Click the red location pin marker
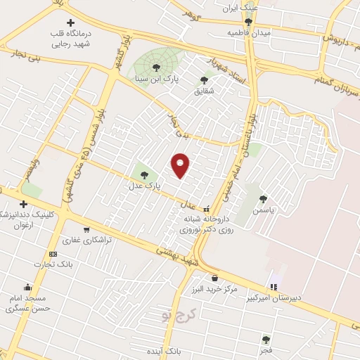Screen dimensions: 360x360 click(181, 165)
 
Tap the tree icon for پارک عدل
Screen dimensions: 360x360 click(144, 175)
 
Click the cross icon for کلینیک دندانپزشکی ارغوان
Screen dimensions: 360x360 click(23, 204)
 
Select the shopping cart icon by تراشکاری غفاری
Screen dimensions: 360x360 click(86, 229)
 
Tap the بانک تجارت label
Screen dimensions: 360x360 click(53, 264)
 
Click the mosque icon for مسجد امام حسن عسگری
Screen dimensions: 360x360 click(27, 287)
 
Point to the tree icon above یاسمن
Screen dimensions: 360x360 click(263, 199)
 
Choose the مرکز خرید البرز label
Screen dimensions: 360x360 click(214, 289)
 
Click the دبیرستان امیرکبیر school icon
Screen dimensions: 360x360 click(274, 286)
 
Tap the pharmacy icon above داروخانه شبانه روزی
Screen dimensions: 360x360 click(206, 209)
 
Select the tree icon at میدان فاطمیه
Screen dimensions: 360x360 click(248, 22)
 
